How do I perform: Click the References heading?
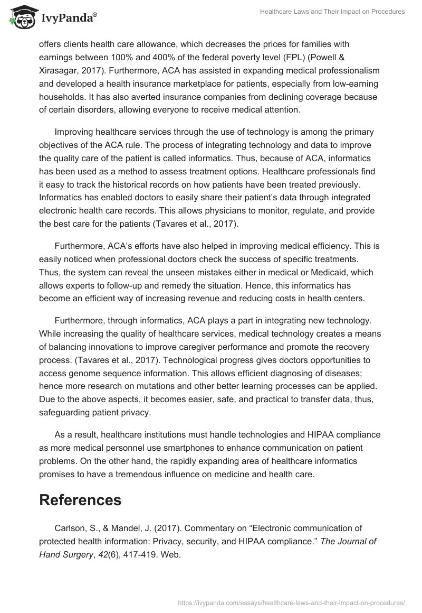click(80, 499)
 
